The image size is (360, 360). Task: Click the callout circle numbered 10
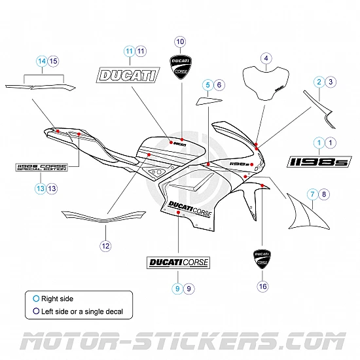(x=181, y=41)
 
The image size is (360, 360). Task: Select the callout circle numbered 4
(x=266, y=58)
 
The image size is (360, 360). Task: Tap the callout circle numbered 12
(x=105, y=246)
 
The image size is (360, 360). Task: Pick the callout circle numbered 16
(x=263, y=286)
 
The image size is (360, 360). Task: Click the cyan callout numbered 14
(x=42, y=61)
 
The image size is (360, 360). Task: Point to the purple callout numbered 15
(x=54, y=61)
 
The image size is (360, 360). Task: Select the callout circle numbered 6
(x=219, y=84)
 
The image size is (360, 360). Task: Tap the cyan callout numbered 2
(x=319, y=82)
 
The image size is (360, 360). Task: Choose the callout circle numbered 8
(x=325, y=194)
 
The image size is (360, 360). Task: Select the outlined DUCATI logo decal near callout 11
(x=128, y=75)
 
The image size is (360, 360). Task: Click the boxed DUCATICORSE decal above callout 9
(x=177, y=263)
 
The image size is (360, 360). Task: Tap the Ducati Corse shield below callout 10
(x=181, y=67)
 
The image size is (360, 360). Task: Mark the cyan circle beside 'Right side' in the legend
(x=36, y=299)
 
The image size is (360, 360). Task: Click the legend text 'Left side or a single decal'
(x=82, y=312)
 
